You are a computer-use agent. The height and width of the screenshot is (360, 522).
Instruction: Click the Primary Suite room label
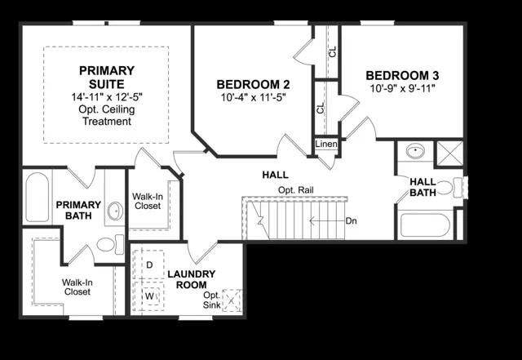[107, 77]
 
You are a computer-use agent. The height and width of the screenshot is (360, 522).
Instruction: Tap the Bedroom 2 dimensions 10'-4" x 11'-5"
[254, 98]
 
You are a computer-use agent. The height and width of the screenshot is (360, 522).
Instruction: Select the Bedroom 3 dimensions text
[403, 89]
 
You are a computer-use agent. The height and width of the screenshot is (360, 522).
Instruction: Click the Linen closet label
[326, 144]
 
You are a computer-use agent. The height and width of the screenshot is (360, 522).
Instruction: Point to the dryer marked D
[149, 264]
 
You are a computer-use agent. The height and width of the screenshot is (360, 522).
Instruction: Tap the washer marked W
[149, 296]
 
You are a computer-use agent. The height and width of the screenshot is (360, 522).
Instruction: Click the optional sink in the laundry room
[232, 300]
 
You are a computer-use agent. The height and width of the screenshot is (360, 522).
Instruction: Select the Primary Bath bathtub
[37, 197]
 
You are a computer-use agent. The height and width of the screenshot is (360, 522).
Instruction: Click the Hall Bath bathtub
[425, 225]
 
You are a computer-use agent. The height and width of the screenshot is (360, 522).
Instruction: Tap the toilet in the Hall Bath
[449, 188]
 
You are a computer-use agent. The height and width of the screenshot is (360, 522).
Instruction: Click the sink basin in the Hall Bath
[415, 151]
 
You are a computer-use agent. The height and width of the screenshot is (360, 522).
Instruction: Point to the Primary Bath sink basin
[115, 211]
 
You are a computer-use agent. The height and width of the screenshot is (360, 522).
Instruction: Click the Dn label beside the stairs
[352, 221]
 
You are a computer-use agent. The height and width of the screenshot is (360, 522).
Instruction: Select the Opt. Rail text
[295, 190]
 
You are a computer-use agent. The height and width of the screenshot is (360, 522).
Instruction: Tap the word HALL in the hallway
[276, 175]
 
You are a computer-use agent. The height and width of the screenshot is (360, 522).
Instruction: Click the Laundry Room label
[192, 279]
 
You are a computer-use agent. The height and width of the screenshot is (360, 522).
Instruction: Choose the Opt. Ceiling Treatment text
[107, 115]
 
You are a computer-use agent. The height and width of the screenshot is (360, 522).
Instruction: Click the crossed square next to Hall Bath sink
[449, 153]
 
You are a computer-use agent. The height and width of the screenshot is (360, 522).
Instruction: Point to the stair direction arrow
[326, 220]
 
